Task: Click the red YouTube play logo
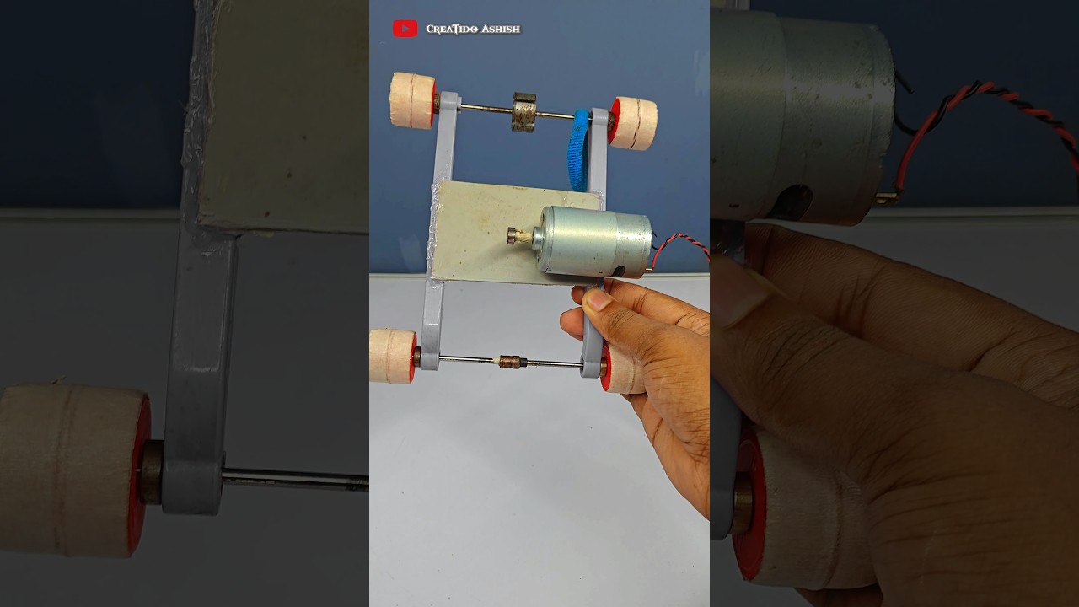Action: click(405, 29)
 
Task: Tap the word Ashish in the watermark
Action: click(501, 29)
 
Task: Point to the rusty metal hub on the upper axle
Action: click(523, 112)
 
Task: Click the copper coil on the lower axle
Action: click(509, 361)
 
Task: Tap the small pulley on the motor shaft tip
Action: click(513, 235)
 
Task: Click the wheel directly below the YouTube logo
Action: click(413, 100)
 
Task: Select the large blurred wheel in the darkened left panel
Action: click(73, 470)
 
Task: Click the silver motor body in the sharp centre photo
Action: click(595, 241)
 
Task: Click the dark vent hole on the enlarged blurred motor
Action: click(792, 202)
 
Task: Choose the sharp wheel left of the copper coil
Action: click(393, 356)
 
